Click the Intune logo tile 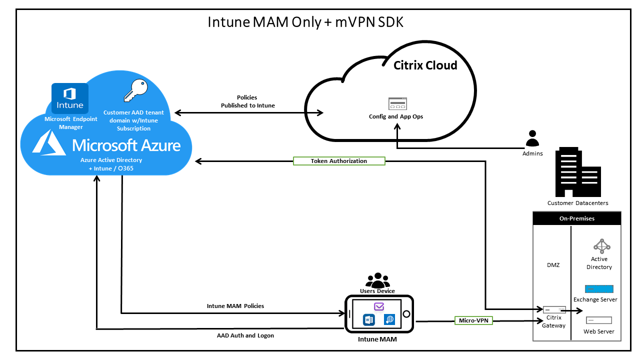(70, 98)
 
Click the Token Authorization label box (338, 161)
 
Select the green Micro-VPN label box (473, 320)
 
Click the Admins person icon (532, 138)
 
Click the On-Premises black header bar (576, 218)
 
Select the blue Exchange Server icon (599, 289)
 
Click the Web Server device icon (598, 319)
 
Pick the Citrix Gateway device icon (554, 309)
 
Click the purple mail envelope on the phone (378, 306)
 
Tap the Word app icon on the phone (369, 319)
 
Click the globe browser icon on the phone (389, 319)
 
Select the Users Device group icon (377, 279)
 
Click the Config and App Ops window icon (397, 104)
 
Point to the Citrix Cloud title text (425, 65)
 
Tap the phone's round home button (406, 314)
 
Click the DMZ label (552, 265)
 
